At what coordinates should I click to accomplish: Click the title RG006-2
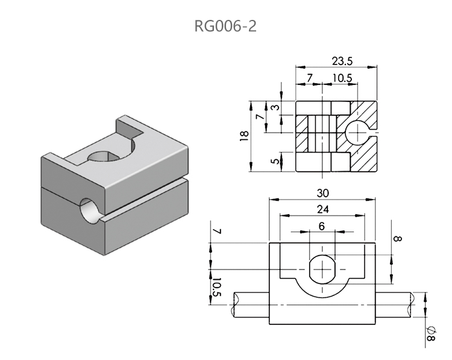225,26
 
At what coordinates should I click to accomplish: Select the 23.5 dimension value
341,61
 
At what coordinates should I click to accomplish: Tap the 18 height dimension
243,136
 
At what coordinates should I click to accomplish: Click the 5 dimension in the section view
274,162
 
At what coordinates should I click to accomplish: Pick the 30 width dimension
323,193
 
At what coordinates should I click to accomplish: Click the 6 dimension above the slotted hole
322,226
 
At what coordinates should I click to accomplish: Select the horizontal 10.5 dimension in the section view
342,78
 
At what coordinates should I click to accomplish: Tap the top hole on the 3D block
107,157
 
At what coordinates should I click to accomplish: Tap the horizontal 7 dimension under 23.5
309,78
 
